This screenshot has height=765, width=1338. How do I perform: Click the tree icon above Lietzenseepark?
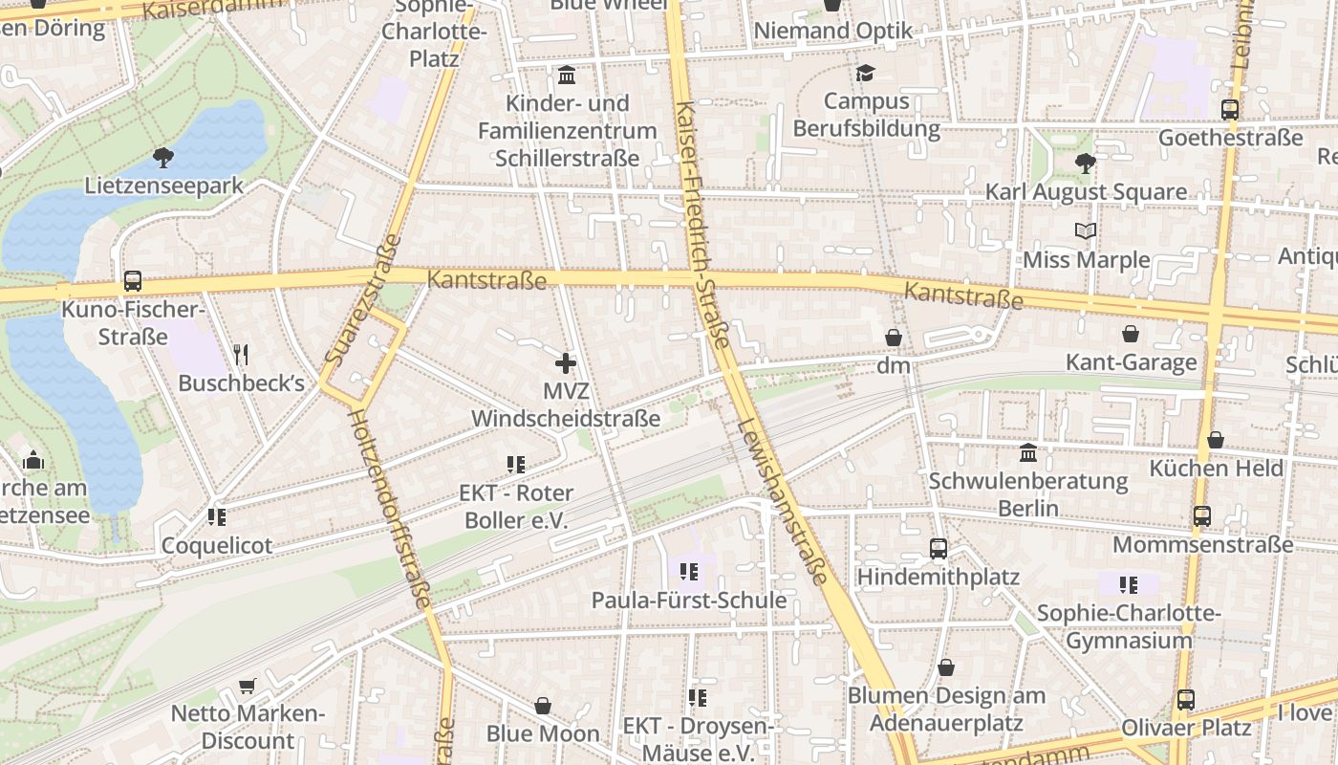click(163, 157)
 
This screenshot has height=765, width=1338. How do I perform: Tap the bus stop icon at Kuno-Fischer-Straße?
click(132, 282)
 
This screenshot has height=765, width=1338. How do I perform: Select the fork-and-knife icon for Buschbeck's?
click(241, 355)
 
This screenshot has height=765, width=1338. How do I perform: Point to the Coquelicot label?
click(217, 545)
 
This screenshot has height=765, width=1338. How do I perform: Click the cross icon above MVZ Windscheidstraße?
click(566, 363)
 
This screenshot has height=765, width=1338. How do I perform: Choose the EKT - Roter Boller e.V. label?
click(517, 507)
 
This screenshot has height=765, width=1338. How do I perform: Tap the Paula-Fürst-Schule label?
click(689, 601)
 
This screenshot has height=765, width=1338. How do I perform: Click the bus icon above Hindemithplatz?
click(939, 549)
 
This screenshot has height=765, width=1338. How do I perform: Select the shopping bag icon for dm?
click(894, 338)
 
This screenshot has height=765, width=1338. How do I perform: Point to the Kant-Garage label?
click(1132, 362)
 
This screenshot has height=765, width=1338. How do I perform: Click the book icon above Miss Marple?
click(1086, 231)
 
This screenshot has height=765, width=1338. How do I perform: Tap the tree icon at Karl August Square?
click(1085, 164)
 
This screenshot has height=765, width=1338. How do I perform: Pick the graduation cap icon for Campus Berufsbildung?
click(866, 73)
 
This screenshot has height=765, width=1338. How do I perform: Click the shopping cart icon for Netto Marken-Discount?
click(248, 686)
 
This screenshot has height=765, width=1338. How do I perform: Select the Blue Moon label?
click(543, 733)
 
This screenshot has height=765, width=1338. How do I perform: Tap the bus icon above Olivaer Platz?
click(1185, 700)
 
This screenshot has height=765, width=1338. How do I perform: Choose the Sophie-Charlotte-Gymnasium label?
click(1129, 626)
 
